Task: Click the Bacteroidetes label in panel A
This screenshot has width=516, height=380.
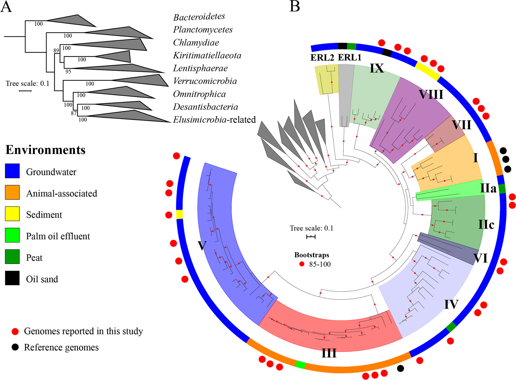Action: coord(199,17)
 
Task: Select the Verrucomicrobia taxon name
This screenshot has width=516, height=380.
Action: coord(205,81)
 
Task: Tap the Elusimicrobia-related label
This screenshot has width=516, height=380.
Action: coord(214,120)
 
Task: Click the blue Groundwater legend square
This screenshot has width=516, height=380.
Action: coord(12,171)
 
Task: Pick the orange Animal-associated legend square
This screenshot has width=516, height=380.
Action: coord(12,192)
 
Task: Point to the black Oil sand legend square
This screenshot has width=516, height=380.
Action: coord(12,278)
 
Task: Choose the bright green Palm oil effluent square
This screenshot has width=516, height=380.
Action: coord(12,235)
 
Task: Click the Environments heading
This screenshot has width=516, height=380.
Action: coord(46,150)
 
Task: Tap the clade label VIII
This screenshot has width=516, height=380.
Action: coord(431,94)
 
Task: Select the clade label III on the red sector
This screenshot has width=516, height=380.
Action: coord(329,353)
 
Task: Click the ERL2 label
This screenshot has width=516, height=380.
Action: coord(322,58)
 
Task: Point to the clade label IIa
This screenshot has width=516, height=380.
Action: coord(488,188)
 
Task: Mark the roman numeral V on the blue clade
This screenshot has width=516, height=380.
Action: coord(202,246)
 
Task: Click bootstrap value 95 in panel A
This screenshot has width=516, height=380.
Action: coord(68,71)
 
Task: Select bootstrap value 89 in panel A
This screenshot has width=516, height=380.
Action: coord(56,51)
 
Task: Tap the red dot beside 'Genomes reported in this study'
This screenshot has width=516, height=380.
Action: coord(15,332)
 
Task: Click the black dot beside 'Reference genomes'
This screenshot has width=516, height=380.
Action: coord(15,347)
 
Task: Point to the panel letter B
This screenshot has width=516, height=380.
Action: coord(295,6)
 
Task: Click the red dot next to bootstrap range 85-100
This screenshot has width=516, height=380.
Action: coord(302,264)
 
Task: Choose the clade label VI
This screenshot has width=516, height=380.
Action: coord(481,258)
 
